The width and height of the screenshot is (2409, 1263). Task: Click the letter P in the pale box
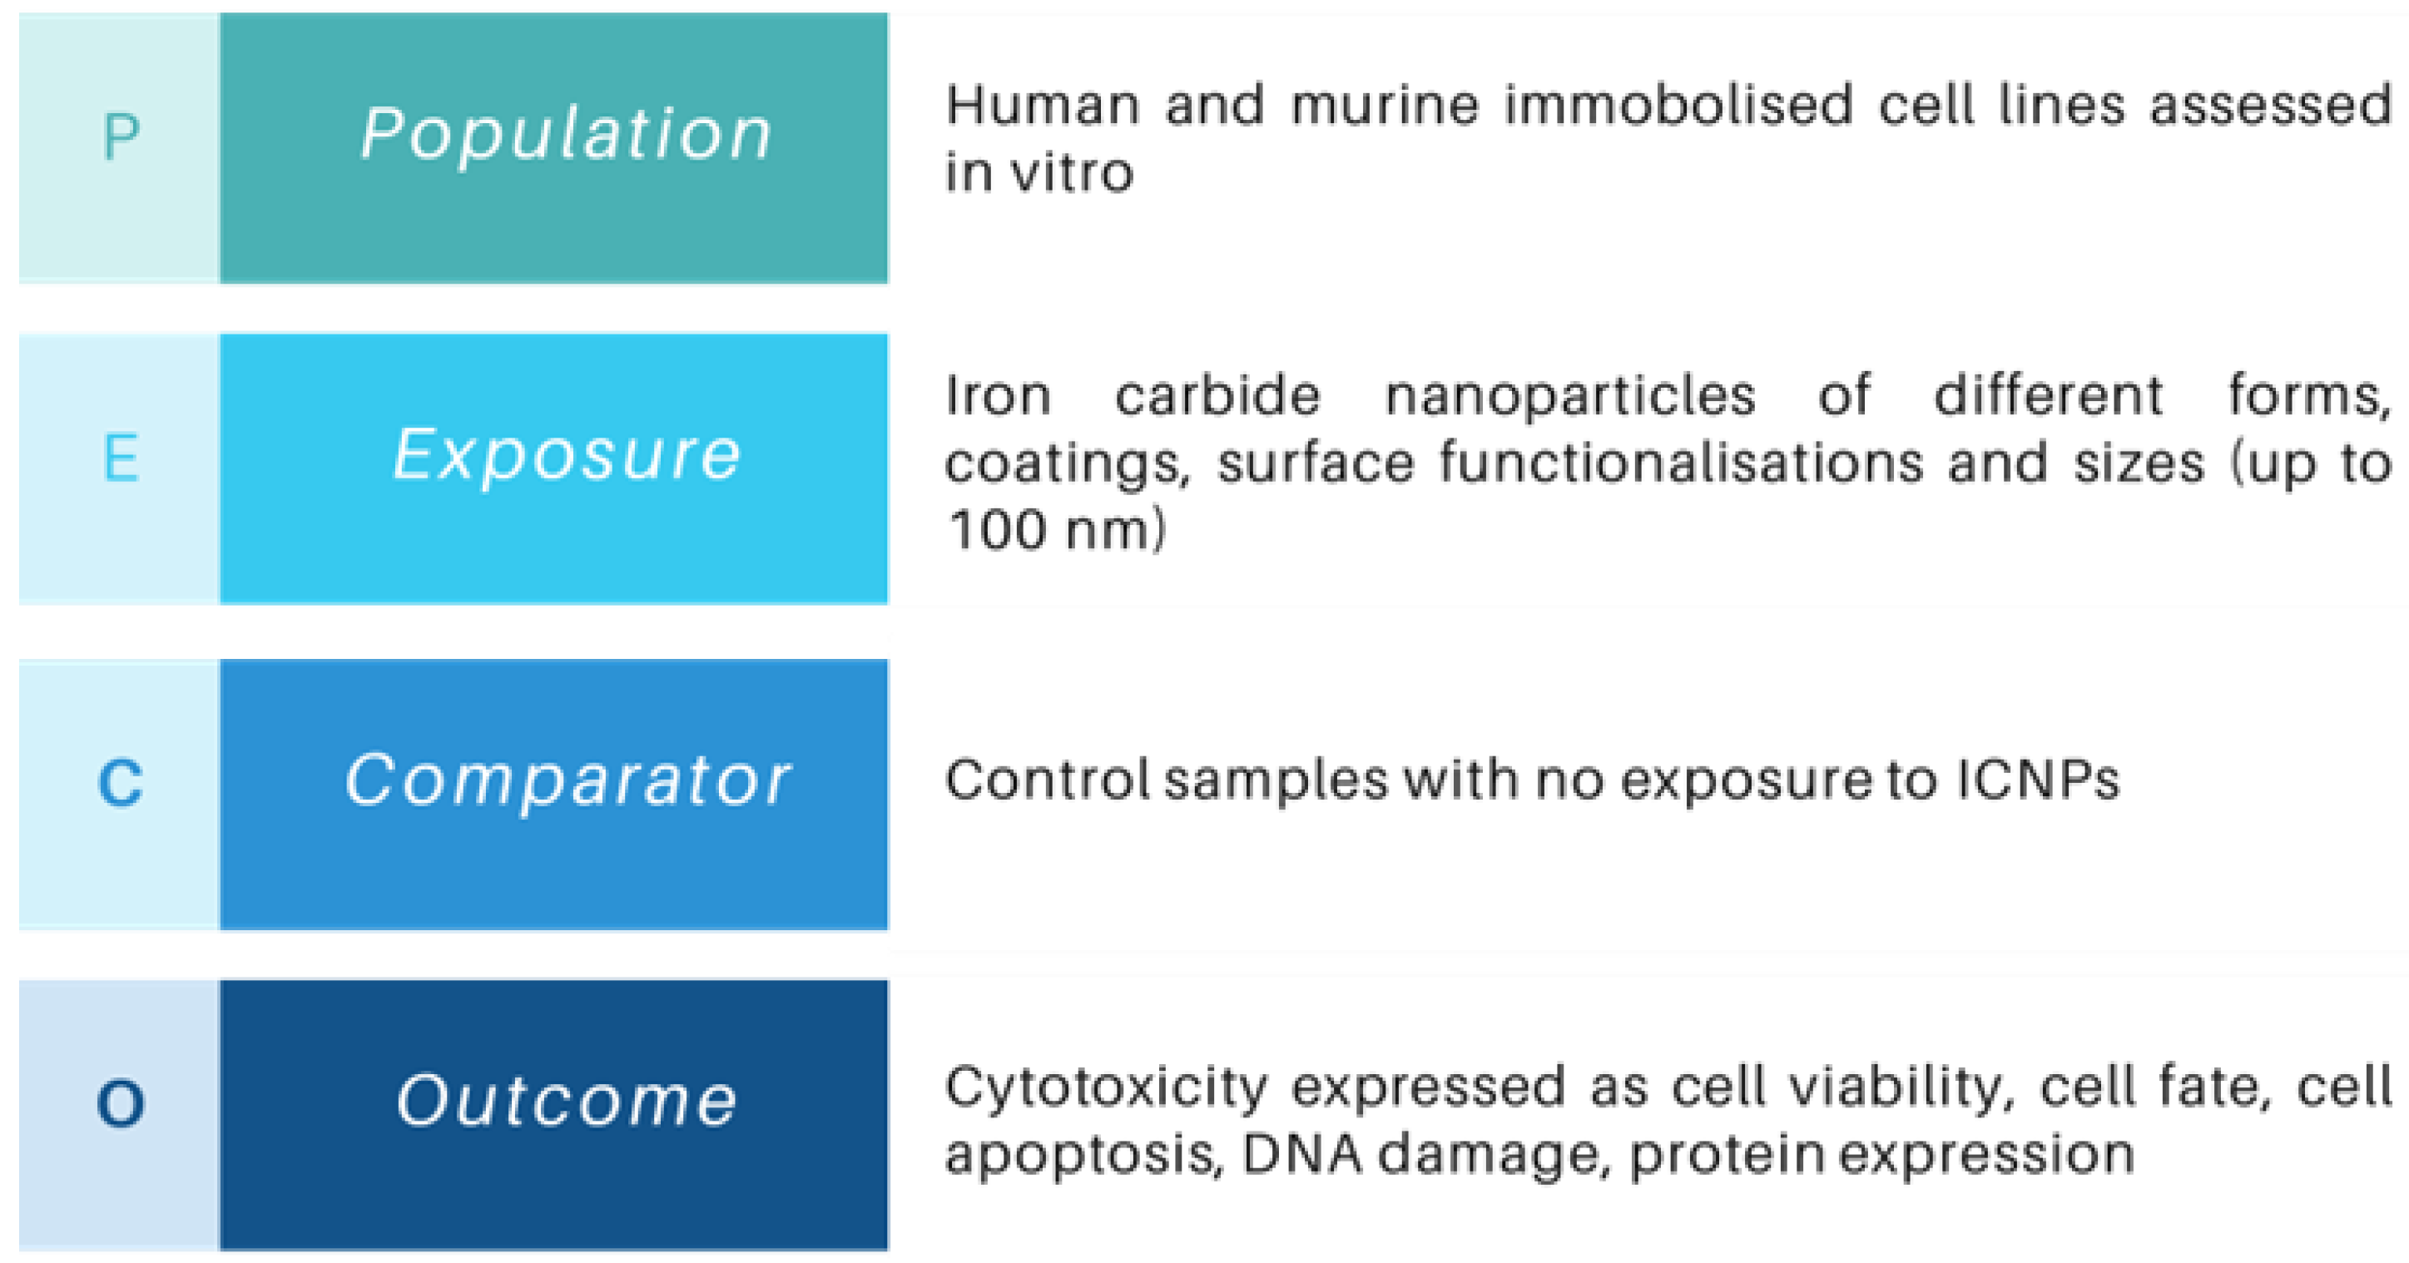pos(121,137)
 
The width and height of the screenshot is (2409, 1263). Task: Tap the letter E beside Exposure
pos(121,458)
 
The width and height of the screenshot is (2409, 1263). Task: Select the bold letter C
pos(121,782)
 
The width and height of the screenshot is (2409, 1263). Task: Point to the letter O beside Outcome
pos(121,1103)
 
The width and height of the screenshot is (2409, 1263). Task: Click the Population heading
pos(567,134)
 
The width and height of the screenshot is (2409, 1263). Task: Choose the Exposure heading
pos(567,455)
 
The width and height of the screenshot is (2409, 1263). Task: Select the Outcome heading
pos(567,1100)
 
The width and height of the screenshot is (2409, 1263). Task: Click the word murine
pos(1385,105)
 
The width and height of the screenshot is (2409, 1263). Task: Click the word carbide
pos(1217,395)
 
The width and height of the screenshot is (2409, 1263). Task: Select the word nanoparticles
pos(1569,395)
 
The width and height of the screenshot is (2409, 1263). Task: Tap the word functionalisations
pos(1681,463)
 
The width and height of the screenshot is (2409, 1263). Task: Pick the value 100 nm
pos(1056,530)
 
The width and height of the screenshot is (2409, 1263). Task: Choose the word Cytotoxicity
pos(1105,1087)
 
